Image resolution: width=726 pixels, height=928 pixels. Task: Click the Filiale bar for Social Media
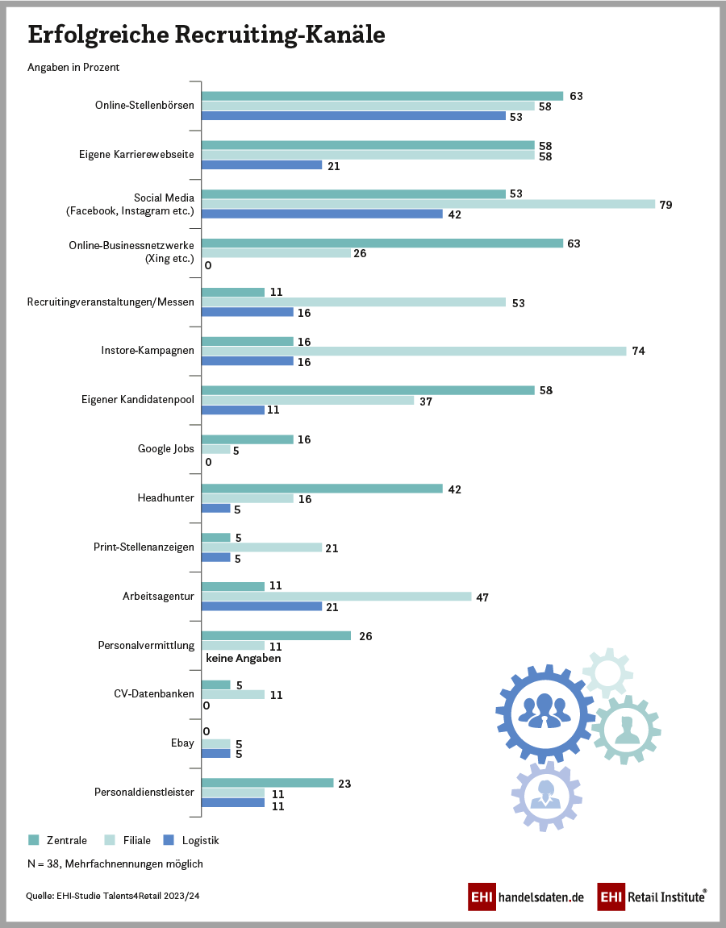coord(428,204)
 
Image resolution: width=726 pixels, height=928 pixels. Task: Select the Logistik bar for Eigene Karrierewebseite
coord(261,165)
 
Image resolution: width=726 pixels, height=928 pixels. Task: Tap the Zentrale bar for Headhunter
coord(322,489)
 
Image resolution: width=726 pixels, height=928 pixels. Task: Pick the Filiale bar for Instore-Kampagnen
coord(413,351)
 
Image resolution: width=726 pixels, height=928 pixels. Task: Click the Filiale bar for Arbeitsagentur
coord(336,597)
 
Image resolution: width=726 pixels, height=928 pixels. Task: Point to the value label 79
coord(665,205)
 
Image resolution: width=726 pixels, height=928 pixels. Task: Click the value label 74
coord(638,352)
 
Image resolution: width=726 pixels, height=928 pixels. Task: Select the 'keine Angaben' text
coord(244,658)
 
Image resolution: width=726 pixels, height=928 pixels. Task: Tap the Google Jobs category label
coord(167,448)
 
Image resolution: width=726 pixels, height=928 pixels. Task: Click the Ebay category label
coord(183,743)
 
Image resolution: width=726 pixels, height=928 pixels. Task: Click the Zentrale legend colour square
coord(33,840)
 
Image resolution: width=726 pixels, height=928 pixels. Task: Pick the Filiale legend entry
coord(128,840)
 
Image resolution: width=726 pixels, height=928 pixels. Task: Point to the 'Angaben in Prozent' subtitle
coord(73,67)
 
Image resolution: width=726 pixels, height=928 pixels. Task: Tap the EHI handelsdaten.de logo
coord(525,897)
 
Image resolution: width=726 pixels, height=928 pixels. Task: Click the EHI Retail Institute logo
coord(652,897)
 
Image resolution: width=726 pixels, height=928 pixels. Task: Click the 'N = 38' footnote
coord(115,863)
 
